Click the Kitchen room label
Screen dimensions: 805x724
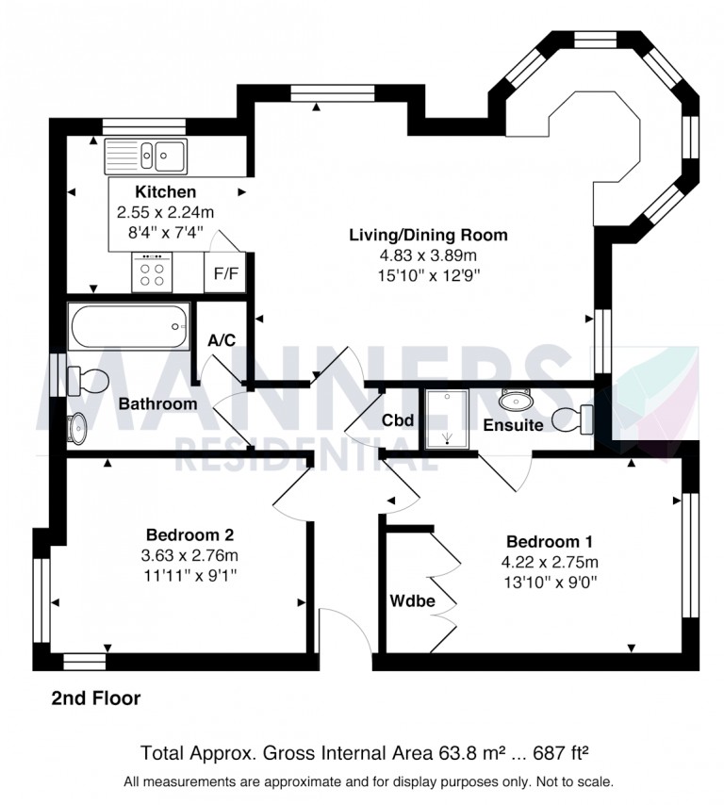click(165, 192)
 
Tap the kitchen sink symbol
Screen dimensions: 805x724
click(147, 154)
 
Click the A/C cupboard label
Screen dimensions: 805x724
click(222, 340)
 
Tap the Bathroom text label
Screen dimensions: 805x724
click(157, 403)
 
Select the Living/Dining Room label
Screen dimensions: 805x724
click(428, 235)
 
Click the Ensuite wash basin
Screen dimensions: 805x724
click(517, 400)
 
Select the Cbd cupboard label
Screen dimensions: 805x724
click(398, 420)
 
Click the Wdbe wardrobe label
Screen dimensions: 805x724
click(410, 600)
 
